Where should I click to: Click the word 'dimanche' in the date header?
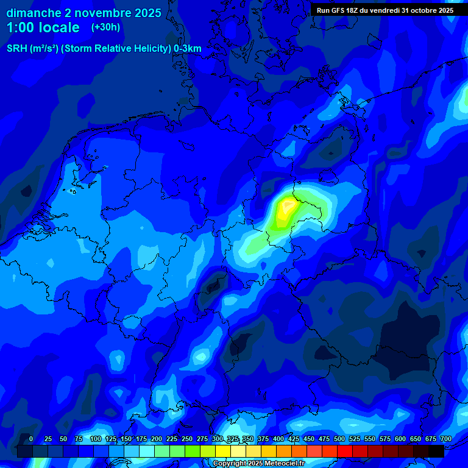[x=33, y=13]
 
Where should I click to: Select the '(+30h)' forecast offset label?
[x=105, y=27]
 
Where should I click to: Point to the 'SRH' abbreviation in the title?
[x=17, y=49]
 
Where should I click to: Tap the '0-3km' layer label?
[x=187, y=49]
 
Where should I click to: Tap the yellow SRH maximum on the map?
[x=285, y=209]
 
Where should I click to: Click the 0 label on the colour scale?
[x=31, y=439]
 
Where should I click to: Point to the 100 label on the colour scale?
[x=96, y=439]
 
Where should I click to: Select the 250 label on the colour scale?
[x=187, y=439]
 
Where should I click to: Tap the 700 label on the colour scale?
[x=446, y=439]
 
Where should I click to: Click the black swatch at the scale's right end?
[x=436, y=451]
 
